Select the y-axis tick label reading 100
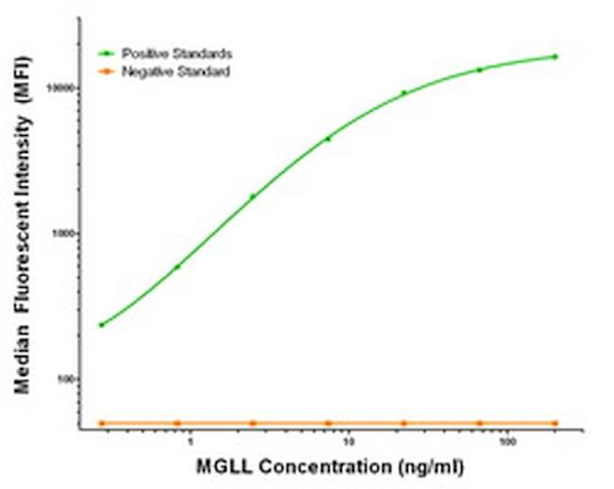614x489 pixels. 74,379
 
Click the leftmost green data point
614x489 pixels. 101,325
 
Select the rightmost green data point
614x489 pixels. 554,57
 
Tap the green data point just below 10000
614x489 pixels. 404,93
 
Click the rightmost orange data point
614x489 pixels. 554,423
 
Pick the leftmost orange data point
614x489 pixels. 101,423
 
